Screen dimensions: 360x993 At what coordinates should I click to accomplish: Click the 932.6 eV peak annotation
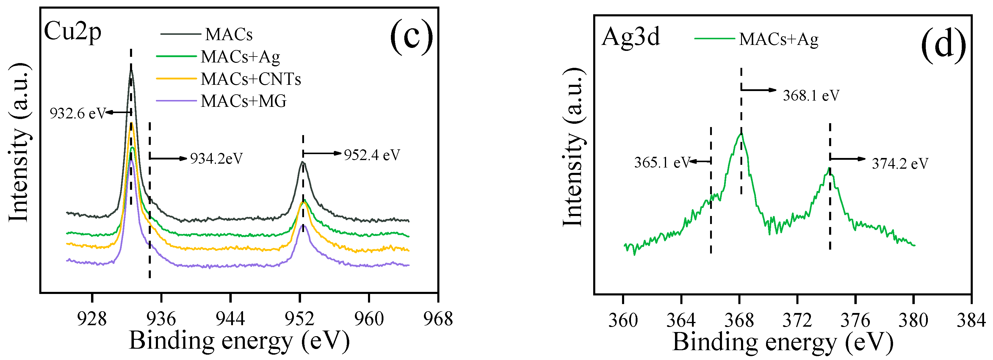[77, 114]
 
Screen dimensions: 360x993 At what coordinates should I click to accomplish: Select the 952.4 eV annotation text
[372, 155]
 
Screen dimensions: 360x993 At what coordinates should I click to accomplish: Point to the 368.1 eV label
[811, 96]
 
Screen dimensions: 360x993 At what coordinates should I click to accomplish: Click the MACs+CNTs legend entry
[250, 79]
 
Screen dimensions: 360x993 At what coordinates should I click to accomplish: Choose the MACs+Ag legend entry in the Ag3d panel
[778, 39]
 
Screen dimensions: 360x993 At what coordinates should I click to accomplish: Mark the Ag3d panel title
[631, 37]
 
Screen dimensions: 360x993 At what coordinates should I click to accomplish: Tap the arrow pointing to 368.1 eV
[759, 90]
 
